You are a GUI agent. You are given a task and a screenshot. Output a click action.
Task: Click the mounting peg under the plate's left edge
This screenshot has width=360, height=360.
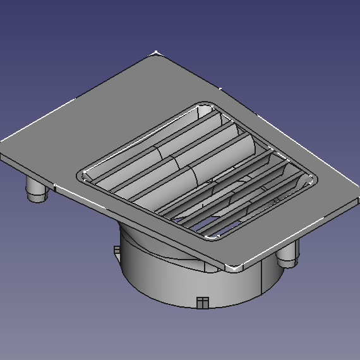pyautogui.click(x=37, y=189)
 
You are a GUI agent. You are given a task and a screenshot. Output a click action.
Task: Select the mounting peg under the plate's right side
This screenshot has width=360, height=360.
pyautogui.click(x=287, y=256)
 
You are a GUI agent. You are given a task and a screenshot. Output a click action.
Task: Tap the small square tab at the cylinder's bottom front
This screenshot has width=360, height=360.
pyautogui.click(x=202, y=302)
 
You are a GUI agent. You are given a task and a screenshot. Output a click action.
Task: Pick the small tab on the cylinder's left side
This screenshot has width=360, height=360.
pyautogui.click(x=116, y=251)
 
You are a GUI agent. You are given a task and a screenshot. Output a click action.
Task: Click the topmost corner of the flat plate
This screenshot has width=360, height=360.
pyautogui.click(x=156, y=53)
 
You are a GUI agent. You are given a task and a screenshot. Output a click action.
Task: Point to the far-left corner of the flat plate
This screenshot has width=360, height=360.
pyautogui.click(x=3, y=143)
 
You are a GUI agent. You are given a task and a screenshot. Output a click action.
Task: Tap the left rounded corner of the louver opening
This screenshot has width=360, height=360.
pyautogui.click(x=81, y=175)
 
